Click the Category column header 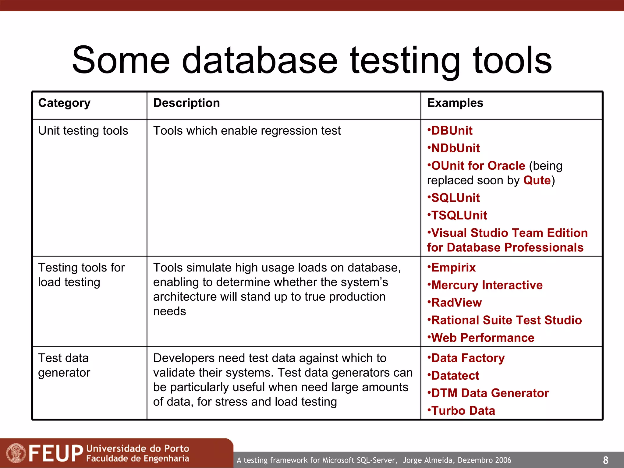point(64,103)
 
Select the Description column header point(186,103)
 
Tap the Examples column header point(455,103)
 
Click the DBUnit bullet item point(452,131)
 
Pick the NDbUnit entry point(455,148)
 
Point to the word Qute point(537,180)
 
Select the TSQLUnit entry point(459,215)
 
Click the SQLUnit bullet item point(455,198)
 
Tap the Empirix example point(453,268)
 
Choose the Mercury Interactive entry point(487,285)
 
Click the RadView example point(456,303)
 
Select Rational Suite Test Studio point(506,320)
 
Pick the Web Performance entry point(482,338)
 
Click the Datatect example point(455,376)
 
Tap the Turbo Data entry point(463,411)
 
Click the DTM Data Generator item point(490,393)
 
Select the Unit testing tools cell point(83,131)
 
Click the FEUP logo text point(56,453)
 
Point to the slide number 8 point(605,460)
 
